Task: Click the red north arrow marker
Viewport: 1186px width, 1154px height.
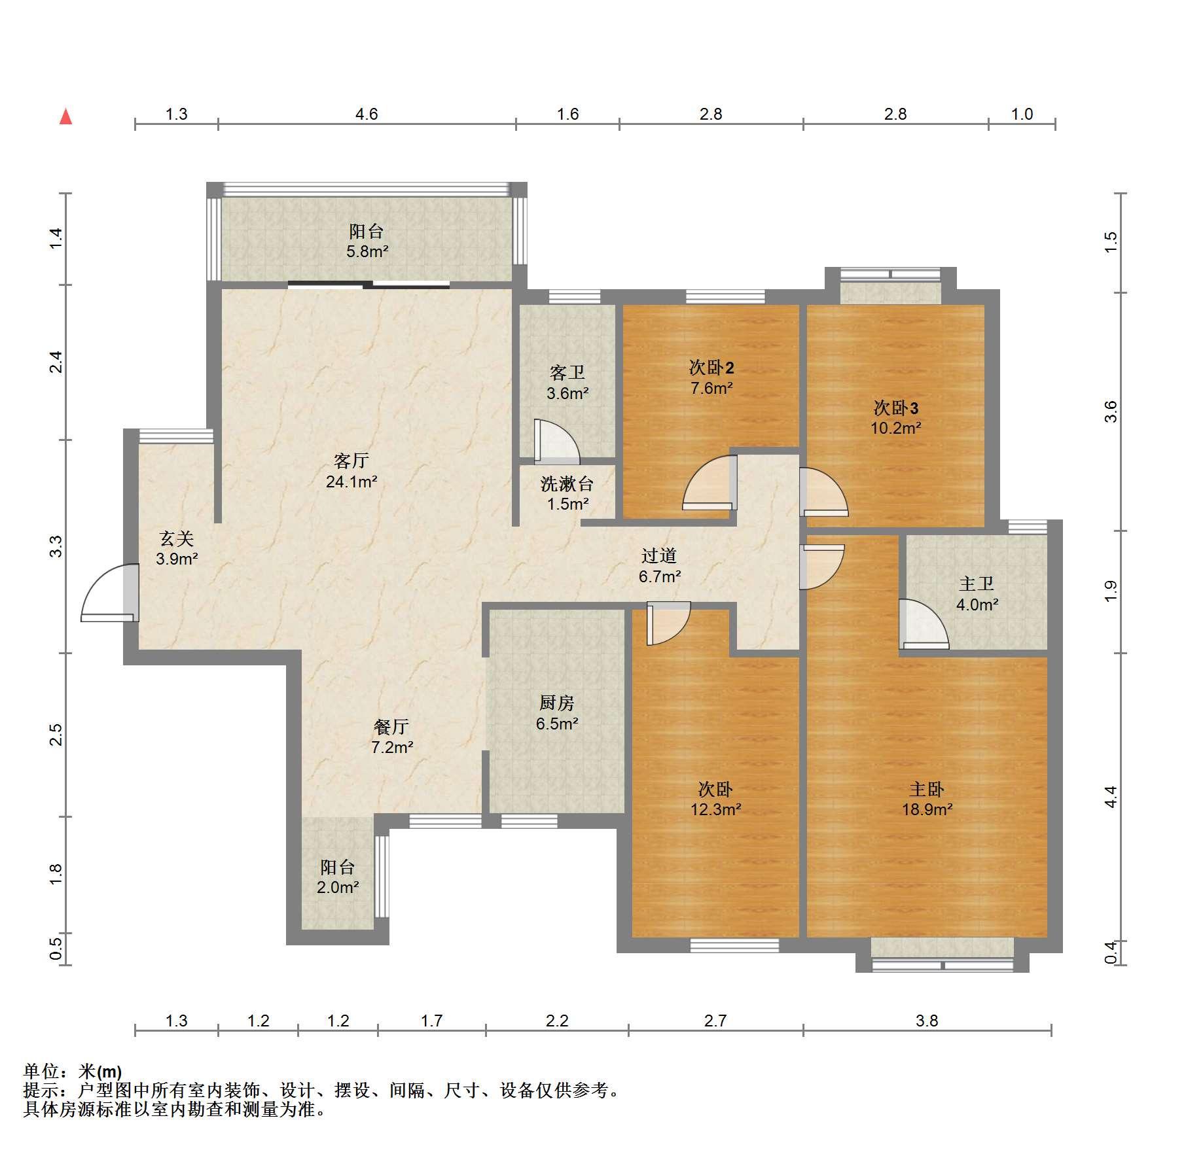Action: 65,116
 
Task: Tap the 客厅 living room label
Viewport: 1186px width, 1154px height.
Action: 351,461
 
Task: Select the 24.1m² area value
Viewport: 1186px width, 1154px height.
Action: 351,482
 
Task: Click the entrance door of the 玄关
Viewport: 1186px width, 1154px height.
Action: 110,592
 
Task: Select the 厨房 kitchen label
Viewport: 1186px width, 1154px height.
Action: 557,703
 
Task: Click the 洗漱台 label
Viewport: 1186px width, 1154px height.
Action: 567,484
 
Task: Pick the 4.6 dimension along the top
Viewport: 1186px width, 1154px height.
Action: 367,114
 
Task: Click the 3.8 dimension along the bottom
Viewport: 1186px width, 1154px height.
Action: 927,1021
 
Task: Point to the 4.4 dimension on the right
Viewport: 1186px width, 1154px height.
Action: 1111,796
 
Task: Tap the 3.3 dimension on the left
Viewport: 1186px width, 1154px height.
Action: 57,546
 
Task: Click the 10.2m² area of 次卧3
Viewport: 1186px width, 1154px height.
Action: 895,428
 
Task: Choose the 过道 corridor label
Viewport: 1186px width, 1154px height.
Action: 659,555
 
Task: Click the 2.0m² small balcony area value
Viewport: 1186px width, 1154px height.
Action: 338,888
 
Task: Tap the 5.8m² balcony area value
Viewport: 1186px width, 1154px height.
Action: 367,251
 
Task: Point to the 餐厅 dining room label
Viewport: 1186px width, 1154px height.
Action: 391,726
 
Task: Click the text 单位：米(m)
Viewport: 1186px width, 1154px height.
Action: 73,1072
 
